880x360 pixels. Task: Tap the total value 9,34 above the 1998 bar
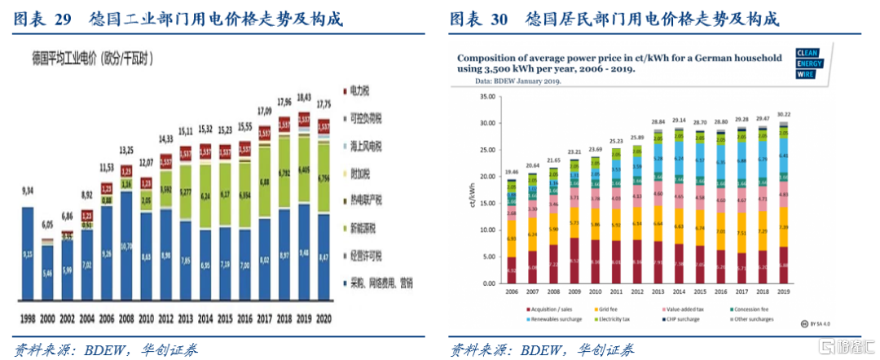click(x=28, y=191)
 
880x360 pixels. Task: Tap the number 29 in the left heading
click(x=62, y=18)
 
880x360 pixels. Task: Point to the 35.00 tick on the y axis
click(x=487, y=95)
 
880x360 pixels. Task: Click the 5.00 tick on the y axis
click(x=490, y=257)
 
